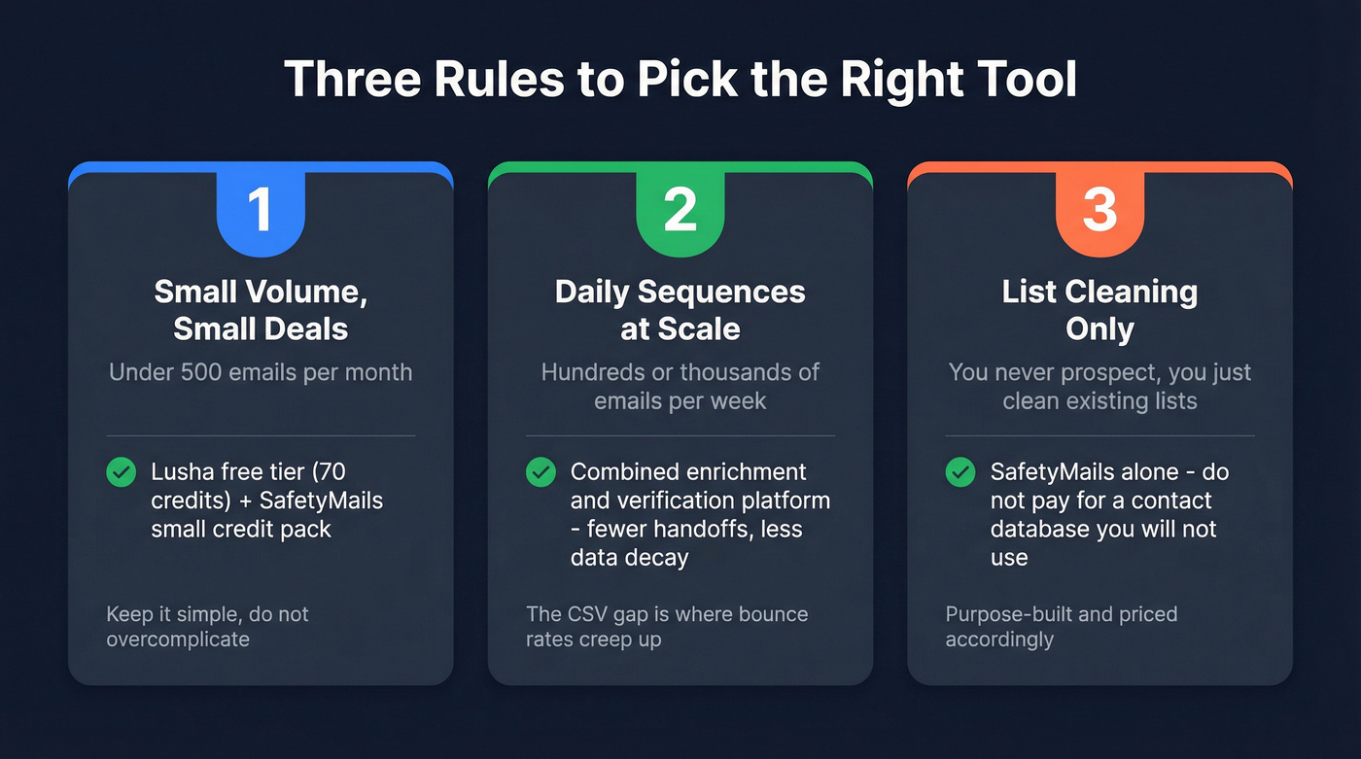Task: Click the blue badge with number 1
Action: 261,211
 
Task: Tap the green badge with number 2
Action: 680,211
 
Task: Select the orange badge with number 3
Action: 1099,211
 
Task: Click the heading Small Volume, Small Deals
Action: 261,310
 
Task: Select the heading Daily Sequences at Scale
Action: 680,310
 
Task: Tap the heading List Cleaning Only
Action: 1099,310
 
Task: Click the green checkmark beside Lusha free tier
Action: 121,472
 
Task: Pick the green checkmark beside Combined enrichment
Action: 541,472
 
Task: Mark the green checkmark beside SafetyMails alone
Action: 960,472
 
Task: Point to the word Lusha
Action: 181,472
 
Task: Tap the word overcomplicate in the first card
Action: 178,639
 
